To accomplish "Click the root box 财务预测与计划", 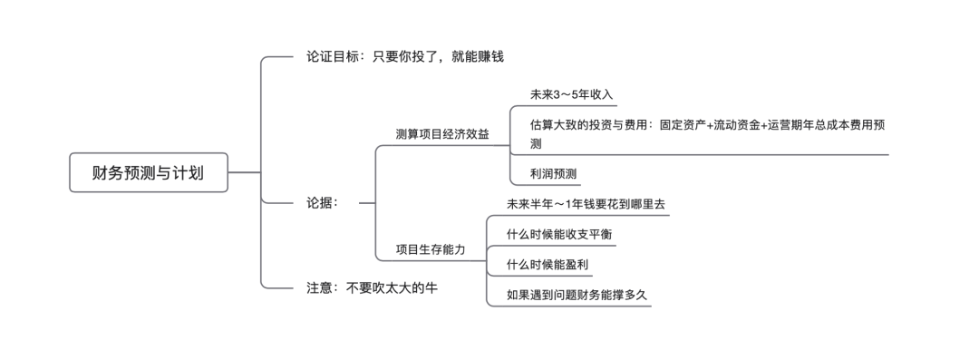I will [148, 172].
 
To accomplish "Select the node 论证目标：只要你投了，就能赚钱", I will [403, 56].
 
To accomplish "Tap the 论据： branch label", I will [323, 203].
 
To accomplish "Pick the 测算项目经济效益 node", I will [442, 133].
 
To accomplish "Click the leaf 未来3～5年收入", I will [573, 94].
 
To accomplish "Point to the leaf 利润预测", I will [554, 172].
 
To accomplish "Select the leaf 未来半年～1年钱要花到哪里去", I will [586, 204].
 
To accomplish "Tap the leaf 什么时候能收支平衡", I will [559, 234].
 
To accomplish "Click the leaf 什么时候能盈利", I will [553, 264].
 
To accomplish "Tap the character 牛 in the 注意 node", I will [441, 287].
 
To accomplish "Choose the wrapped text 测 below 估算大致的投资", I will [536, 143].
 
